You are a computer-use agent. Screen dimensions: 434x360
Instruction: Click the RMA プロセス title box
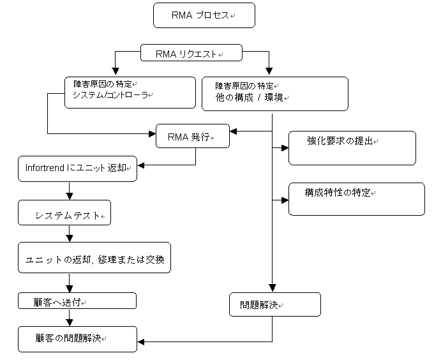[204, 15]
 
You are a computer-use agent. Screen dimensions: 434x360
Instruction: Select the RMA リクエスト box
[191, 52]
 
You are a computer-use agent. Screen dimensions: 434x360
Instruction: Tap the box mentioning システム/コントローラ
[130, 93]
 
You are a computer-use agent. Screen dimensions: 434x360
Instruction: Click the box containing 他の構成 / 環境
[275, 94]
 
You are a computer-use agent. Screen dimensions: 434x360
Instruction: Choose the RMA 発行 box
[193, 136]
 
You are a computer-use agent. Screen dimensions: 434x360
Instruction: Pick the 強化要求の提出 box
[352, 148]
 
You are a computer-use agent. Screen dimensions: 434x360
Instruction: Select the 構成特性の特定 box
[357, 199]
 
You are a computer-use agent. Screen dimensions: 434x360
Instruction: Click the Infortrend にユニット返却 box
[77, 169]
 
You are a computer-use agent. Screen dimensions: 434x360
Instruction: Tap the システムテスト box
[64, 213]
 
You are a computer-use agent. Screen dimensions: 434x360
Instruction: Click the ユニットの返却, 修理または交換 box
[94, 258]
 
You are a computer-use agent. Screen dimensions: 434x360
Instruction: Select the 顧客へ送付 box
[77, 301]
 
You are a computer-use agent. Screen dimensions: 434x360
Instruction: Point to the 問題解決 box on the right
[275, 304]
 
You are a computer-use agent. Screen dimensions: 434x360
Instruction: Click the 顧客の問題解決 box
[77, 339]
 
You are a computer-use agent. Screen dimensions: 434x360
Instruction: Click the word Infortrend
[45, 168]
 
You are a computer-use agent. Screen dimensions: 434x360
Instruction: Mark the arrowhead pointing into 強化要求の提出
[285, 148]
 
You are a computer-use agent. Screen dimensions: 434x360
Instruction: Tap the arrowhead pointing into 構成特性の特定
[285, 200]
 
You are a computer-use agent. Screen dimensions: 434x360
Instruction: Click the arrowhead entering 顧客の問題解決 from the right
[141, 342]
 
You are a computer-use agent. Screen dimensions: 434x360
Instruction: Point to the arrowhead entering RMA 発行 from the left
[153, 134]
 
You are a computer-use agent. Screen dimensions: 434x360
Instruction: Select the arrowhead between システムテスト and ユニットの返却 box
[70, 239]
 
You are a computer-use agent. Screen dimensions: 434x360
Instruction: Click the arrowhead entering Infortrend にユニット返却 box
[141, 165]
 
